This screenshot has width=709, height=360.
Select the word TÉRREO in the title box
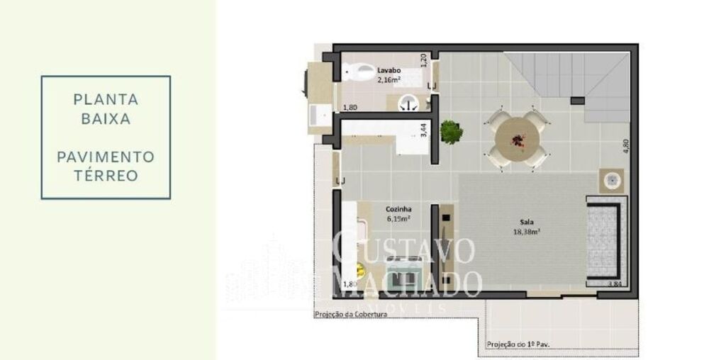click(106, 175)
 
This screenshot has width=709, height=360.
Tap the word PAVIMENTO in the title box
click(106, 156)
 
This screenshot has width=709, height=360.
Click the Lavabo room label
click(389, 70)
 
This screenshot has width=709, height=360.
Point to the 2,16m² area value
click(389, 79)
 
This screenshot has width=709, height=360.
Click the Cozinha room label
click(399, 209)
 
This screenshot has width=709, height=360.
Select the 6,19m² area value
click(399, 219)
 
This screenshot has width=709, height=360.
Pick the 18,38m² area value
click(527, 231)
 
